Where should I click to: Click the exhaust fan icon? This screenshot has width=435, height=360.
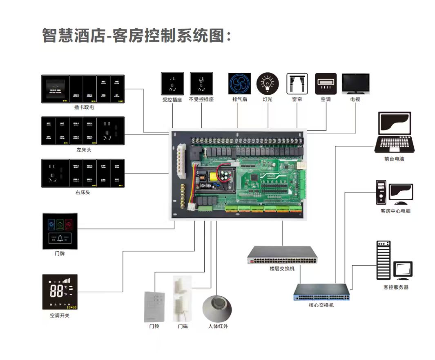(x=239, y=84)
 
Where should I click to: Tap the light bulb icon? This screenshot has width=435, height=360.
(x=268, y=84)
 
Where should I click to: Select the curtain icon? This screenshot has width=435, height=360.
(x=297, y=84)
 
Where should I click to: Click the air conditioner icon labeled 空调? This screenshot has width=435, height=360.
(x=326, y=84)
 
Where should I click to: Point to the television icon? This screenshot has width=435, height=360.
(x=355, y=84)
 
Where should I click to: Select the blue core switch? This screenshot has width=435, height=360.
(x=321, y=292)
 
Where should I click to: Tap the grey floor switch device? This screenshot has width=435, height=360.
(x=282, y=255)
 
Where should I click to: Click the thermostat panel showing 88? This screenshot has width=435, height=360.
(x=60, y=292)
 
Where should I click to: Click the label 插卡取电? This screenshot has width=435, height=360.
(x=84, y=107)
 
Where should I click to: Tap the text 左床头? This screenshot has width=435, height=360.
(x=83, y=150)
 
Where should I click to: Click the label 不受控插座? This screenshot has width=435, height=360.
(x=201, y=100)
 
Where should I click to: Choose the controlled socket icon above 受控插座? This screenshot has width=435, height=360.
(x=172, y=83)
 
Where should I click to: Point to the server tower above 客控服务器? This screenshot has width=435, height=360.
(x=383, y=260)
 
